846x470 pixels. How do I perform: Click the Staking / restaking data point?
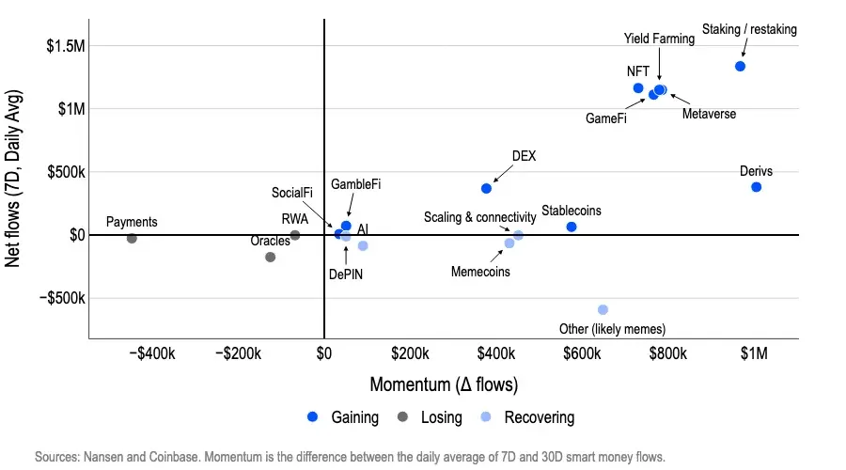[x=740, y=66]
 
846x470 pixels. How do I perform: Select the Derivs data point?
[x=756, y=187]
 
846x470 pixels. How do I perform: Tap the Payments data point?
[x=132, y=239]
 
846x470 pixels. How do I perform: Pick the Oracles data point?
[x=271, y=257]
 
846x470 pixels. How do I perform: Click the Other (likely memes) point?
[x=603, y=309]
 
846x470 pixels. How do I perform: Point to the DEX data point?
[x=486, y=188]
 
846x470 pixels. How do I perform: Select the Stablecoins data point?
[x=572, y=227]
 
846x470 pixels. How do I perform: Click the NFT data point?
[x=638, y=88]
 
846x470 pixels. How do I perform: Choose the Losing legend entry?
[x=431, y=417]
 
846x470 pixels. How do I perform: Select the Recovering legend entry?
[x=527, y=417]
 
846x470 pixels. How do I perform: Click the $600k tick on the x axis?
[x=582, y=354]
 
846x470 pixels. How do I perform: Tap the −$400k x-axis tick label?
[x=151, y=354]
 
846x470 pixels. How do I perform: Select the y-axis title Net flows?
[x=15, y=179]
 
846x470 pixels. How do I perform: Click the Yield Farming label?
[x=659, y=39]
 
